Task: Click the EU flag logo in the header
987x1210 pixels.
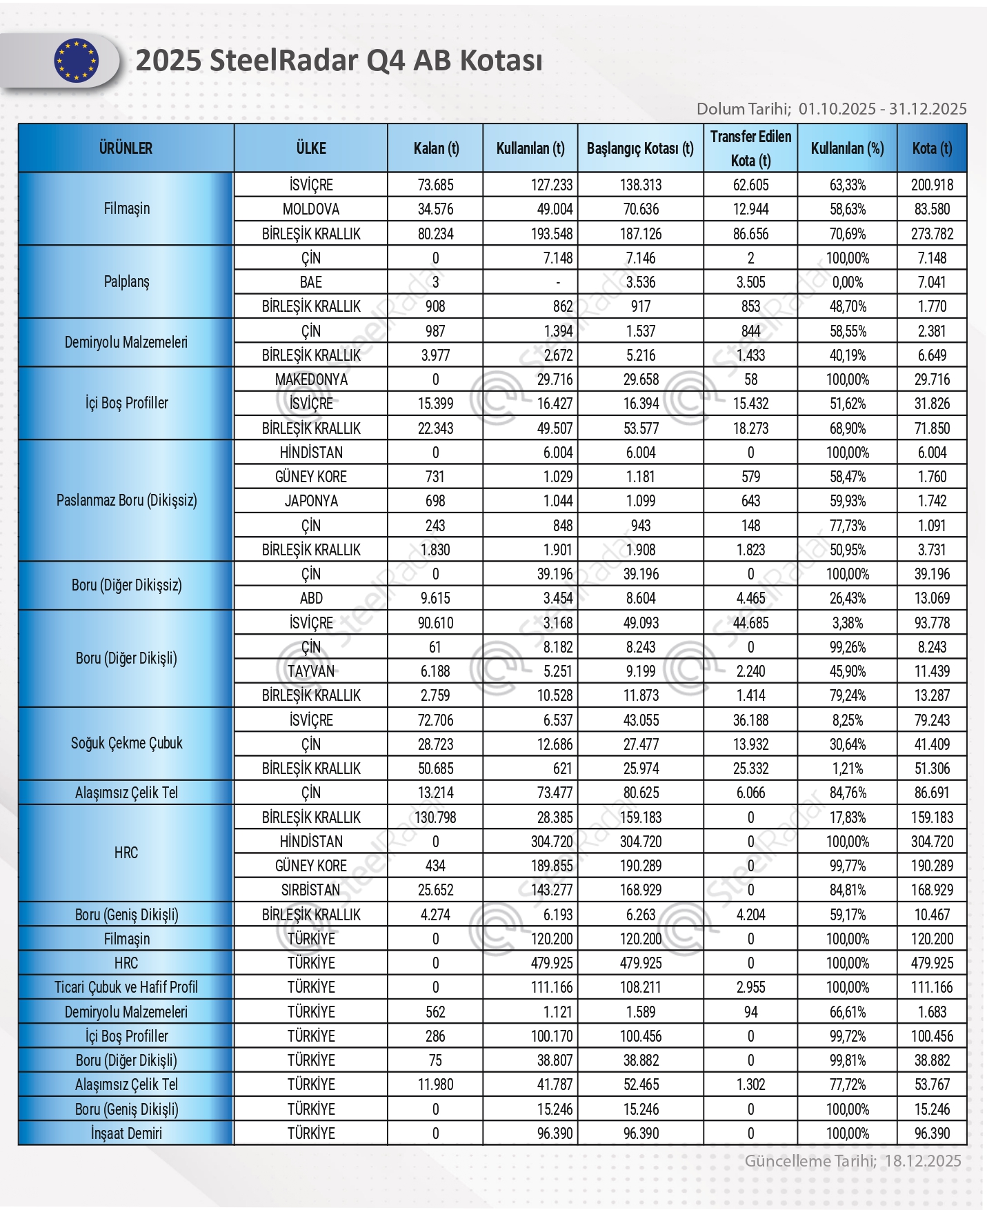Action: click(x=76, y=61)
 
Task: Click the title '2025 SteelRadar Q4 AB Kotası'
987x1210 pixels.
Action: click(x=339, y=61)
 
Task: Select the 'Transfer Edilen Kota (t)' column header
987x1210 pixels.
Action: click(x=750, y=148)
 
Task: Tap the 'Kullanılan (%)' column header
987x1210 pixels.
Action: click(x=847, y=148)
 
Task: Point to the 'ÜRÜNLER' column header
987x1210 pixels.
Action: click(x=126, y=148)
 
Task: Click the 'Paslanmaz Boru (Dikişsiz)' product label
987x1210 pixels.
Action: click(x=126, y=500)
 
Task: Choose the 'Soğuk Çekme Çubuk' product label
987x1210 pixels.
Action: click(x=126, y=743)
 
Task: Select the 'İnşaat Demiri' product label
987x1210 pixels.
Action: click(x=126, y=1133)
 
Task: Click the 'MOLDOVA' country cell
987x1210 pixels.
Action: click(x=311, y=209)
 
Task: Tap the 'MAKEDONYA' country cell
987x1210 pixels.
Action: click(x=311, y=379)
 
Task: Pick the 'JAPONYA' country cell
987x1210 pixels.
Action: click(x=311, y=501)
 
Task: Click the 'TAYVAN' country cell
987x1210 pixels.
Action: click(x=311, y=671)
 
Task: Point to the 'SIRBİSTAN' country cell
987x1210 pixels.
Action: click(x=311, y=890)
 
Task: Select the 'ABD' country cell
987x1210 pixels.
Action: click(x=311, y=598)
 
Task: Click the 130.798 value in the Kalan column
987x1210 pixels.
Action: click(x=435, y=817)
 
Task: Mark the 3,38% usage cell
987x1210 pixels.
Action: click(x=847, y=623)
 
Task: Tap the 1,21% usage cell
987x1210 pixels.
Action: click(x=847, y=768)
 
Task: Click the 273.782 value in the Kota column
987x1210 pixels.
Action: click(x=932, y=234)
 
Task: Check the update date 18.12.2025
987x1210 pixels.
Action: click(x=922, y=1161)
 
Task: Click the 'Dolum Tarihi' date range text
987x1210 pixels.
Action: click(x=831, y=109)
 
